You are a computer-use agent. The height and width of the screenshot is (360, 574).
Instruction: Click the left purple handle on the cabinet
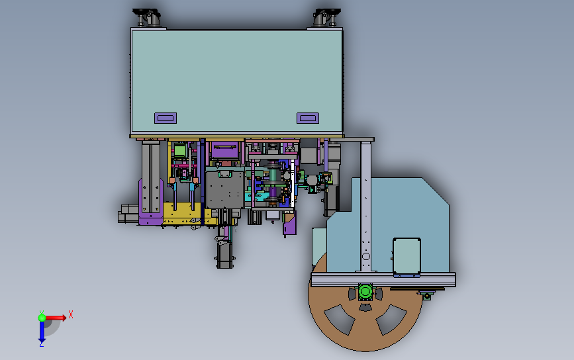click(x=166, y=118)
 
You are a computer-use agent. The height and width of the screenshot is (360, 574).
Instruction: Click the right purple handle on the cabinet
click(x=307, y=118)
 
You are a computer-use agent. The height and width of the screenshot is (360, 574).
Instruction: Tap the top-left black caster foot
click(x=146, y=17)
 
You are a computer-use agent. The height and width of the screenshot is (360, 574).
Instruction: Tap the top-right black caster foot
click(x=326, y=17)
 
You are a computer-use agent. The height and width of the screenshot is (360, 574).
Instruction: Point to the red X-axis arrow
click(x=56, y=318)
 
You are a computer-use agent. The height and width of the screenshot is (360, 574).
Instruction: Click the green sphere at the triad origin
click(x=42, y=317)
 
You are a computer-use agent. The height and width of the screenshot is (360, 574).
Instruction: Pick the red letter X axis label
click(x=71, y=314)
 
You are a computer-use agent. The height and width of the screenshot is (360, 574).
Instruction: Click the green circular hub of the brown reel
click(x=365, y=292)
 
